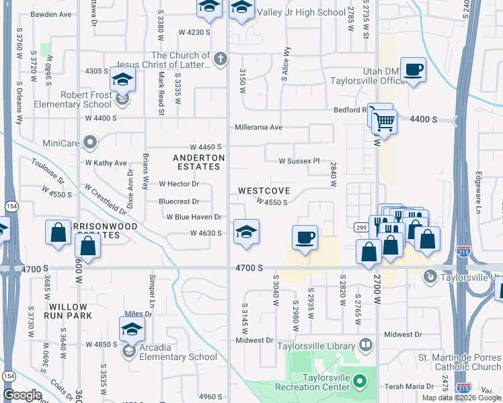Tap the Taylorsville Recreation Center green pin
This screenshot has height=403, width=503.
360,382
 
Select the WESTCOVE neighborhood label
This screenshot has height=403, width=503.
264,191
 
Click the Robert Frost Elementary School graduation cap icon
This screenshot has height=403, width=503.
123,79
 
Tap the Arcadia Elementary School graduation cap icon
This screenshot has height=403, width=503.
132,329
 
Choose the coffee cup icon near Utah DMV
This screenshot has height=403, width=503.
413,69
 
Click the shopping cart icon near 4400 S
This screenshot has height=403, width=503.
383,122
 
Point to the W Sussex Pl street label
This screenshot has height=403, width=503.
299,161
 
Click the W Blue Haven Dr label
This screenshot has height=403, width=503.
194,217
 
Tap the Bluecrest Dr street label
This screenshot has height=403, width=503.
179,201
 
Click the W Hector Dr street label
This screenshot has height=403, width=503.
180,184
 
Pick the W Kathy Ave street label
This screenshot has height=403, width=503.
106,163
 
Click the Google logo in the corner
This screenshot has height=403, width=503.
22,395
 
